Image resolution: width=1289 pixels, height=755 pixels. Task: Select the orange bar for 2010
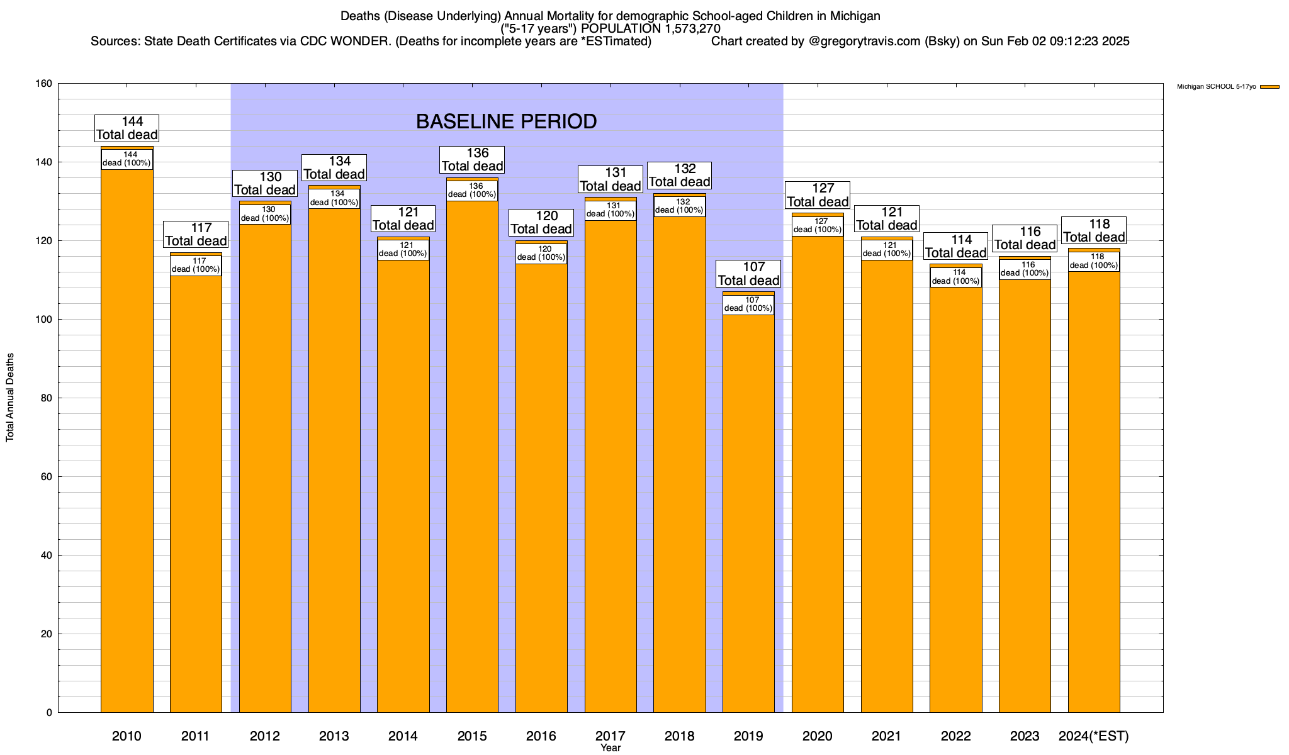127,440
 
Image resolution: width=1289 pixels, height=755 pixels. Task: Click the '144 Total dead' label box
127,128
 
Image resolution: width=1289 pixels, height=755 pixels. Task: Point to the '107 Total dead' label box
748,274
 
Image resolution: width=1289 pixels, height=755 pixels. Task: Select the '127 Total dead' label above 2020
818,195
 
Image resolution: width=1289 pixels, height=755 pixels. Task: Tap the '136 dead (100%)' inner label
472,191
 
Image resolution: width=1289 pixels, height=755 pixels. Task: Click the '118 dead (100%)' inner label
1094,261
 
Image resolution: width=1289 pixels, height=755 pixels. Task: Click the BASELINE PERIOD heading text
506,121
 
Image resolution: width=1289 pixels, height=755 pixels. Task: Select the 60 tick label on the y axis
47,477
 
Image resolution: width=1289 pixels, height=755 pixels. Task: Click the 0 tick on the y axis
49,713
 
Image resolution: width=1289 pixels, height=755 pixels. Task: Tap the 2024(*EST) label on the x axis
1094,736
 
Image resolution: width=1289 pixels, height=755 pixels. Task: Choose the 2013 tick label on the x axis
334,736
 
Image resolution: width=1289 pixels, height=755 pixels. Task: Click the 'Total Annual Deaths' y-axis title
10,398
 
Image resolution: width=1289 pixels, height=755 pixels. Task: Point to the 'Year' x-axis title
610,748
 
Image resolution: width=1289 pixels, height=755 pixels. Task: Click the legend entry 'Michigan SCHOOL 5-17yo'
1216,87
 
